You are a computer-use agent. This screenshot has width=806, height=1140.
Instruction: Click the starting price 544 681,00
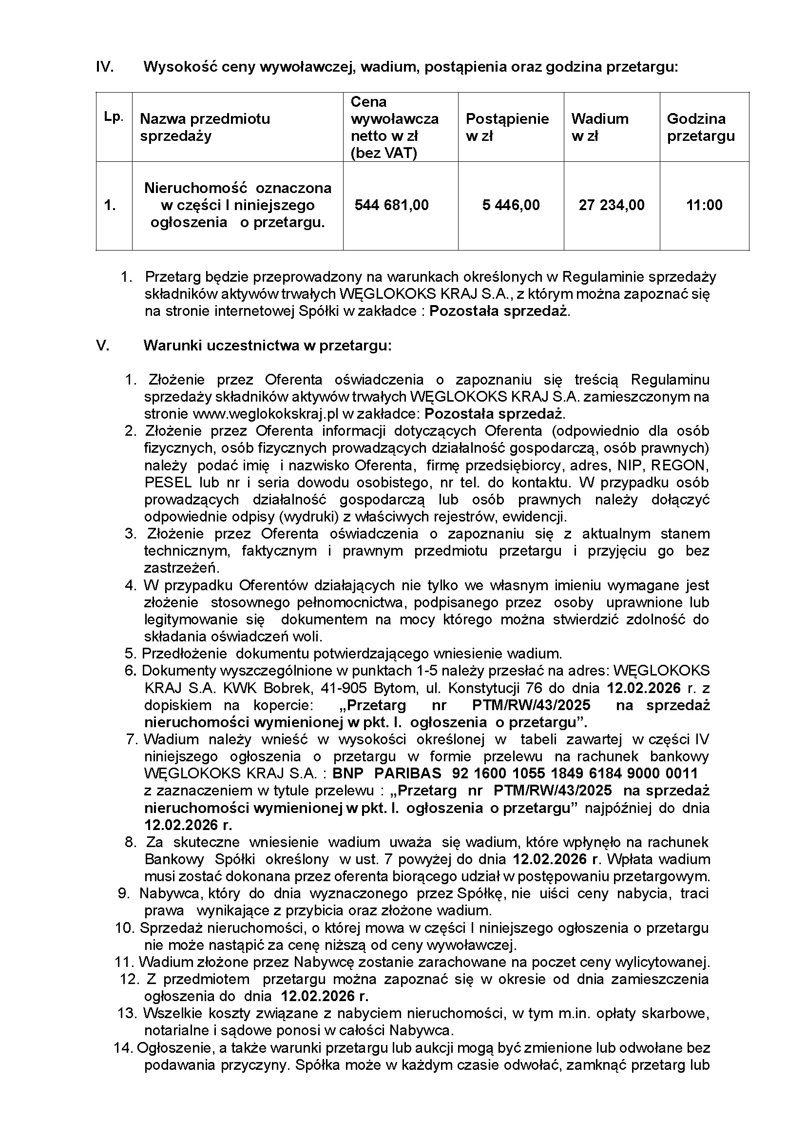point(391,205)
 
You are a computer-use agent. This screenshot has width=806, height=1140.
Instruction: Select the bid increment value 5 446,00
point(511,205)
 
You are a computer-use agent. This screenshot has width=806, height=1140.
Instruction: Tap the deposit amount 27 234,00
point(612,205)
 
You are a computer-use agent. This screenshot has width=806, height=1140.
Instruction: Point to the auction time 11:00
point(704,205)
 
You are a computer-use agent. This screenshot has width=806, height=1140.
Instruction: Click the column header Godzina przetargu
point(700,127)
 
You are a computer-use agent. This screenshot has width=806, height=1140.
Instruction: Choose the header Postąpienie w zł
point(507,127)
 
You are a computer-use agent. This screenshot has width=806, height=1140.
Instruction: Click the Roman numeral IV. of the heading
point(105,67)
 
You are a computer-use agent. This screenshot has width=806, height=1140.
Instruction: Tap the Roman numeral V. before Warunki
point(102,346)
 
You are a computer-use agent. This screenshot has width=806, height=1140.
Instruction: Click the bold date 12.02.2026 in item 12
point(325,997)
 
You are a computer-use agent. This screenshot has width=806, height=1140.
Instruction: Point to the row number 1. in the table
point(110,205)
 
